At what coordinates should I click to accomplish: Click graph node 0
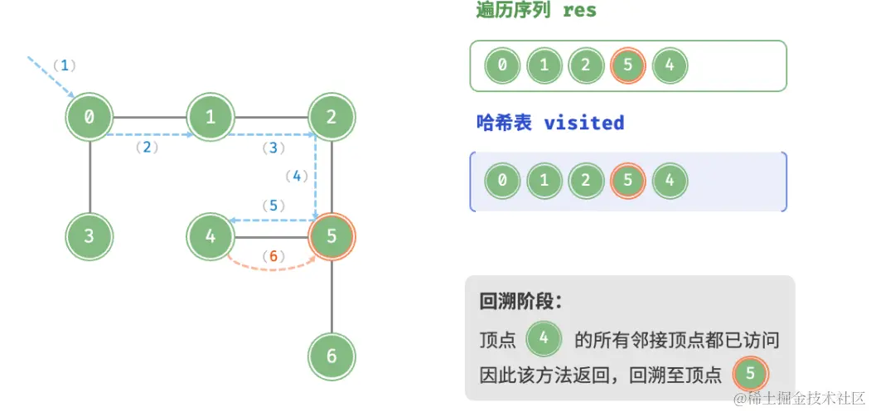90,118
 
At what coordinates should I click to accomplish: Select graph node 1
210,118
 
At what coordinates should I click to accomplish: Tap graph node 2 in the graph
331,118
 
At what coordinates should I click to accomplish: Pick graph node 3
90,236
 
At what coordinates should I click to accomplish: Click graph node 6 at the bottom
331,356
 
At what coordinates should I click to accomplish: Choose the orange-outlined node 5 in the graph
331,236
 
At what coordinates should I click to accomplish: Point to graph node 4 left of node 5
210,236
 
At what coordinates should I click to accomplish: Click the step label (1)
64,65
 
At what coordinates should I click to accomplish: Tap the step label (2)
146,148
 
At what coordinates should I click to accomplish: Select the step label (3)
273,148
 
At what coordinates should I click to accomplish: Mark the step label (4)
296,176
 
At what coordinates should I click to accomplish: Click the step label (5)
273,205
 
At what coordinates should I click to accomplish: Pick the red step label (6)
273,256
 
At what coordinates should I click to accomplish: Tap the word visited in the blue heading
583,123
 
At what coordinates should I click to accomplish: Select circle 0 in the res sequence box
502,65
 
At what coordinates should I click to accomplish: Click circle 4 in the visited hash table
670,180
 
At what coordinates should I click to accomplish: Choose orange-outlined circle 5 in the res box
627,65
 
